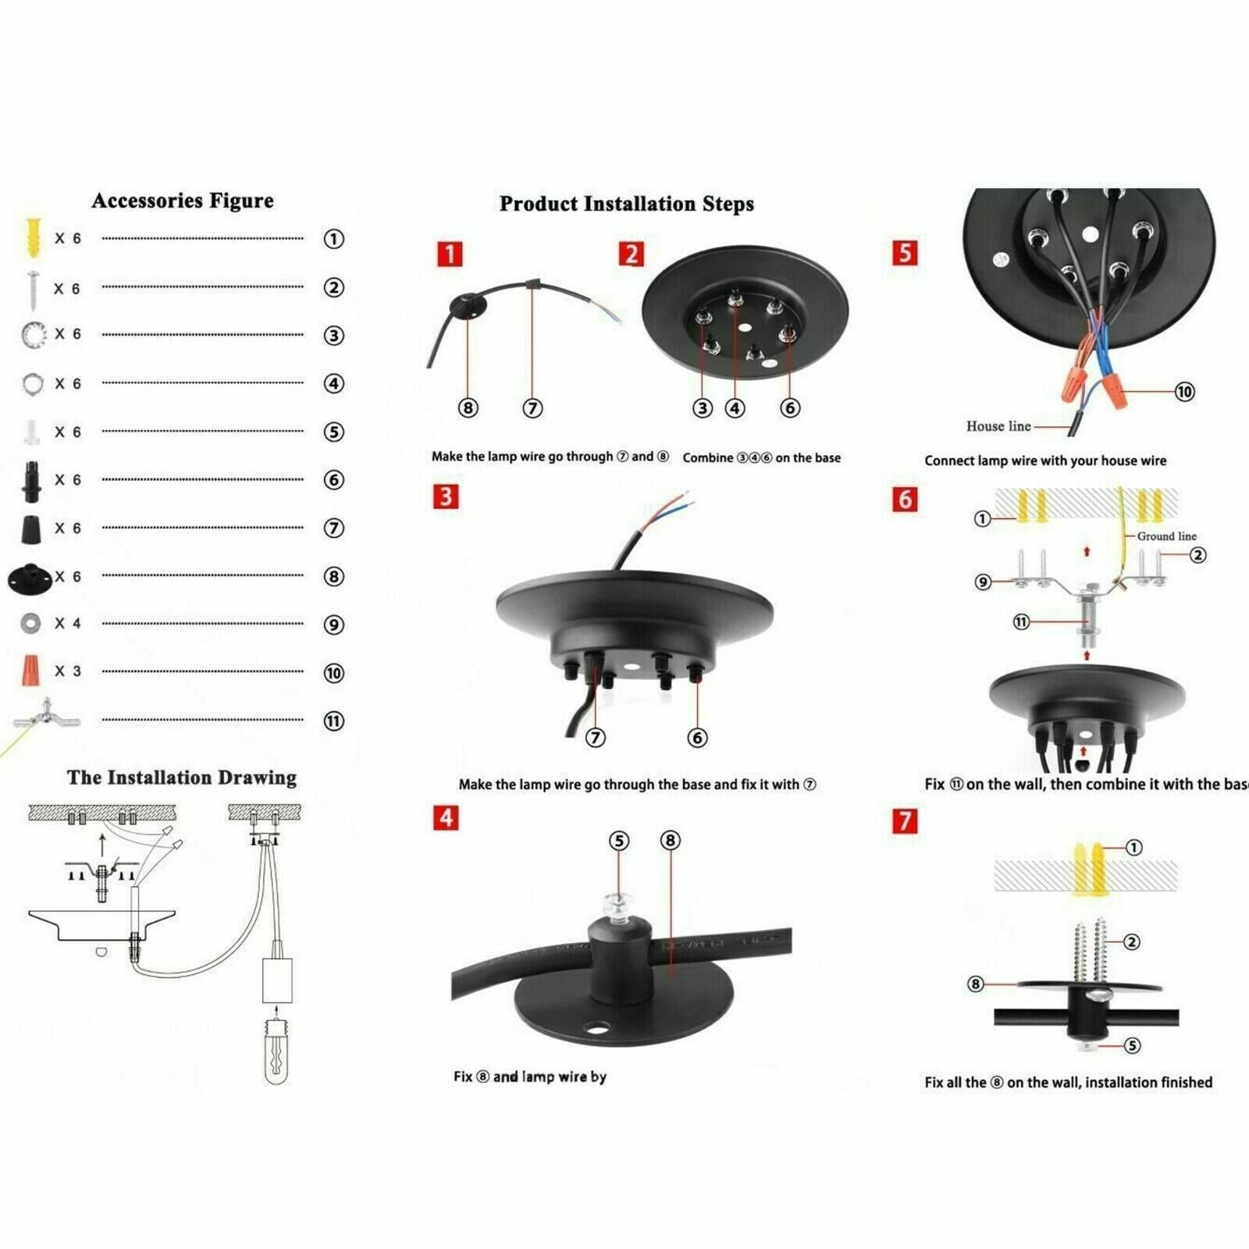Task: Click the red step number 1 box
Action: point(450,254)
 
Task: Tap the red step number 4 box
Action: point(446,818)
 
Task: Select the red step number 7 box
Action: point(905,821)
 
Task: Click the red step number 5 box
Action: point(905,253)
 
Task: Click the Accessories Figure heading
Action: point(183,201)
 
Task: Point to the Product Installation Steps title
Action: point(626,205)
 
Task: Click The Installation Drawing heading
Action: point(182,778)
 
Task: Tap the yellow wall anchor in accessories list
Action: point(32,237)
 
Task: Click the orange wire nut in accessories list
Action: point(30,671)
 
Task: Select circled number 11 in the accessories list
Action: point(333,721)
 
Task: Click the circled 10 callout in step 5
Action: point(1184,392)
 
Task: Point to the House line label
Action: point(998,426)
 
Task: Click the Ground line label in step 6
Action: point(1166,536)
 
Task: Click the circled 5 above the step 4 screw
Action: point(618,841)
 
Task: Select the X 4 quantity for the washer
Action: point(67,624)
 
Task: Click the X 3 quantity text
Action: point(67,671)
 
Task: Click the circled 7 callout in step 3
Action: point(596,738)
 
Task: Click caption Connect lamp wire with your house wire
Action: point(1044,461)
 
